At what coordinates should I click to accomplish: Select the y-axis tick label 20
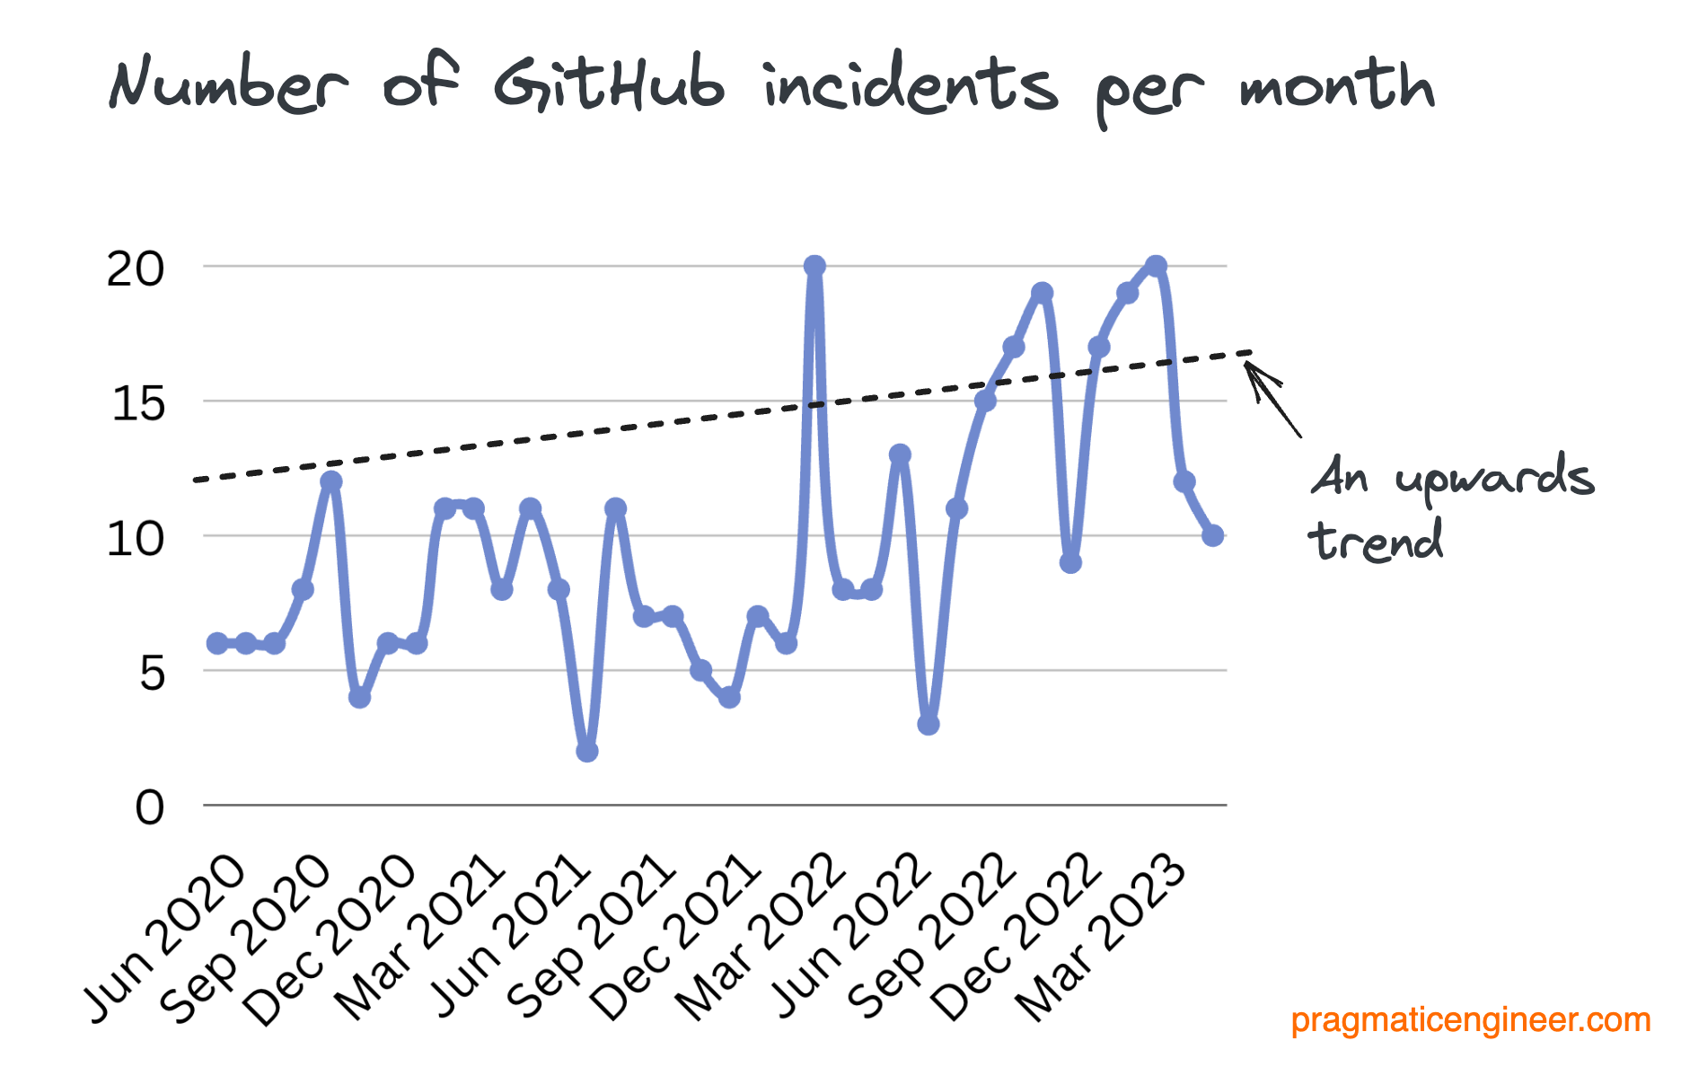[x=136, y=269]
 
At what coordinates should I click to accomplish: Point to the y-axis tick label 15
[x=138, y=403]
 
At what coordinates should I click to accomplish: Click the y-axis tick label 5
[x=152, y=672]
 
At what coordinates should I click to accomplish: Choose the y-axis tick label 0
[x=150, y=807]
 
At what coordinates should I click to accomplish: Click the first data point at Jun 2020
[x=217, y=643]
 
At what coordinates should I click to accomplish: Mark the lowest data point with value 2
[x=587, y=751]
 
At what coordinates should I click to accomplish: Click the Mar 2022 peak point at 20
[x=814, y=267]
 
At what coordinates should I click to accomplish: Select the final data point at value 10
[x=1212, y=535]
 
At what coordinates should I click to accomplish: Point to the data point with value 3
[x=929, y=724]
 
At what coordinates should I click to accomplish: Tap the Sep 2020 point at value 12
[x=331, y=481]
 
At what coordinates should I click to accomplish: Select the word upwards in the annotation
[x=1494, y=478]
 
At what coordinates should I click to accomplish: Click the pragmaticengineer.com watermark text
[x=1470, y=1020]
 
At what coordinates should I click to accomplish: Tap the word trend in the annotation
[x=1375, y=542]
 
